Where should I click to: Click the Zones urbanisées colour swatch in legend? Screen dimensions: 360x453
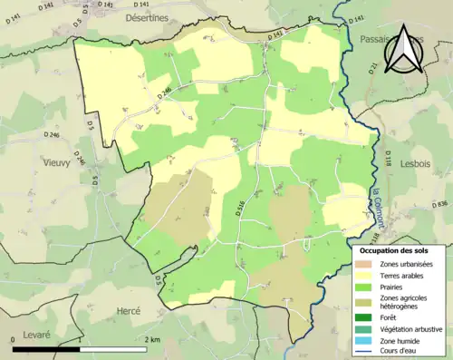pyautogui.click(x=365, y=263)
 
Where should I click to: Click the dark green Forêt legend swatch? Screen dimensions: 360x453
pyautogui.click(x=365, y=317)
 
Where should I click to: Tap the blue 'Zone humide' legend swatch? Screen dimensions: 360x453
pyautogui.click(x=365, y=339)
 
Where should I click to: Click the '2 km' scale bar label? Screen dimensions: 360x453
pyautogui.click(x=153, y=339)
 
